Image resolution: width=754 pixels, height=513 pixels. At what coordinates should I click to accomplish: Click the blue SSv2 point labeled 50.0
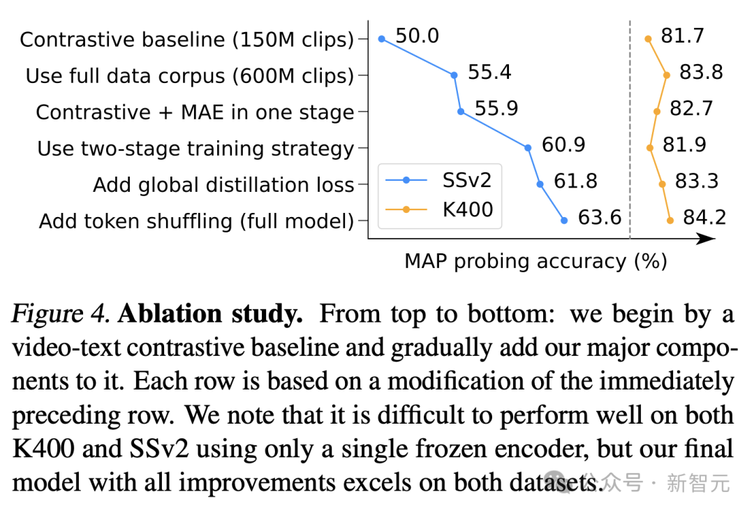point(381,39)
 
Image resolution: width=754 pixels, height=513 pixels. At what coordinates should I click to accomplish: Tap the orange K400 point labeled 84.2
point(670,221)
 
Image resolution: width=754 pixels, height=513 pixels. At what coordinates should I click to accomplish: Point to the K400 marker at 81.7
point(649,39)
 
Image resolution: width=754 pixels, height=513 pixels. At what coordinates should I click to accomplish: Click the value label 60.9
point(563,145)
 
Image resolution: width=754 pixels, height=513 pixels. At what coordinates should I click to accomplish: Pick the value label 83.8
point(701,73)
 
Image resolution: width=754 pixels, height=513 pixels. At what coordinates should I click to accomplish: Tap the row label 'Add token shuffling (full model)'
point(196,221)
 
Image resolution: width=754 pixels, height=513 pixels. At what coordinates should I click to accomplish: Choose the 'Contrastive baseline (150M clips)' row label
point(186,40)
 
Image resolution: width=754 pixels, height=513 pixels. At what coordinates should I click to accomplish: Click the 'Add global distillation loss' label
point(223,185)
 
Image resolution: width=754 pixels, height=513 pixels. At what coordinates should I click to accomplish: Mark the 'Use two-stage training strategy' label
point(195,149)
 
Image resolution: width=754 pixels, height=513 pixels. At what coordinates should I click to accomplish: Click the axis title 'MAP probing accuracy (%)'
point(535,261)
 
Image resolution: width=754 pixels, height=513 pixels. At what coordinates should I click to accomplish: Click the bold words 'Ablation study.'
point(210,315)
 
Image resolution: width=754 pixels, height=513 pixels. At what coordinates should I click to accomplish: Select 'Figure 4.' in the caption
point(61,315)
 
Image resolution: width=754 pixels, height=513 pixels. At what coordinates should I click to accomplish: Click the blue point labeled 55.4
point(454,75)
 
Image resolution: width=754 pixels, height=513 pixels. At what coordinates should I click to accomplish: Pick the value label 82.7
point(691,109)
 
